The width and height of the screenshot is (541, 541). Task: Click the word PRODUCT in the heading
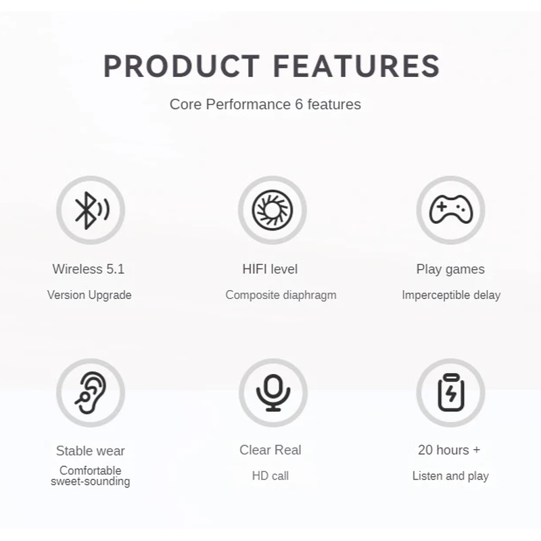click(181, 66)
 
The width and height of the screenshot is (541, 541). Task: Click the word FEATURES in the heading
click(356, 66)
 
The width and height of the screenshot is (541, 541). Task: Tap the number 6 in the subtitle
click(299, 104)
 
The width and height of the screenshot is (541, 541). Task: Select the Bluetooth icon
click(92, 210)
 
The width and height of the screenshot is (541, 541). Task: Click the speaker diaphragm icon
click(273, 210)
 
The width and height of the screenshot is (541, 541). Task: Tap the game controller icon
click(451, 210)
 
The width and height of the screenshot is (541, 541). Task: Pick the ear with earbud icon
click(91, 393)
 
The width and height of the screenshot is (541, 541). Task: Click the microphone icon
click(273, 393)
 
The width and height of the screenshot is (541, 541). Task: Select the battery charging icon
click(451, 393)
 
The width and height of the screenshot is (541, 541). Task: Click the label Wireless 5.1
click(89, 269)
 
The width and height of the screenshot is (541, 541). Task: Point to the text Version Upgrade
click(89, 296)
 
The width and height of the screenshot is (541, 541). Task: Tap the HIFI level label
click(270, 269)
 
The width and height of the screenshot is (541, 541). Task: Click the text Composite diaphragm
click(281, 296)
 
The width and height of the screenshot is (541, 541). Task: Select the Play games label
click(450, 269)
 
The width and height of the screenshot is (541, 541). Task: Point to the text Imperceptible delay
click(451, 296)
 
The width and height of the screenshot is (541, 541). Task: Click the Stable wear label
click(91, 451)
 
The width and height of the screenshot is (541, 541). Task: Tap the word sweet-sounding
click(91, 481)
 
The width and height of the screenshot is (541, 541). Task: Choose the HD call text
click(270, 476)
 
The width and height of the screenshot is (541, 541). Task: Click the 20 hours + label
click(449, 450)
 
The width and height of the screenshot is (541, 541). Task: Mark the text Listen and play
click(450, 476)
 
